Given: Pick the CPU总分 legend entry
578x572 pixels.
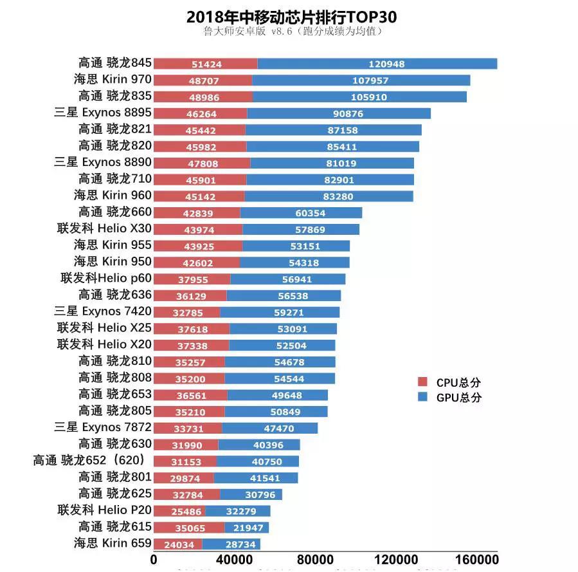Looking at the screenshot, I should pyautogui.click(x=449, y=382).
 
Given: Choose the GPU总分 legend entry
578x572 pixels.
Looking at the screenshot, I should pyautogui.click(x=449, y=398).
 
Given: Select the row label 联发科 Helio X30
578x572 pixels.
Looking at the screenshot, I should pyautogui.click(x=105, y=228).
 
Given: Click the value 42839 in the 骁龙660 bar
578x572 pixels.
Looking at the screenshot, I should pyautogui.click(x=197, y=213).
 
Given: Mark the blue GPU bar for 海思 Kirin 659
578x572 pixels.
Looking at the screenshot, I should pyautogui.click(x=231, y=544).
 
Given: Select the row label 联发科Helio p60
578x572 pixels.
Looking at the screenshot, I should pyautogui.click(x=106, y=278).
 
